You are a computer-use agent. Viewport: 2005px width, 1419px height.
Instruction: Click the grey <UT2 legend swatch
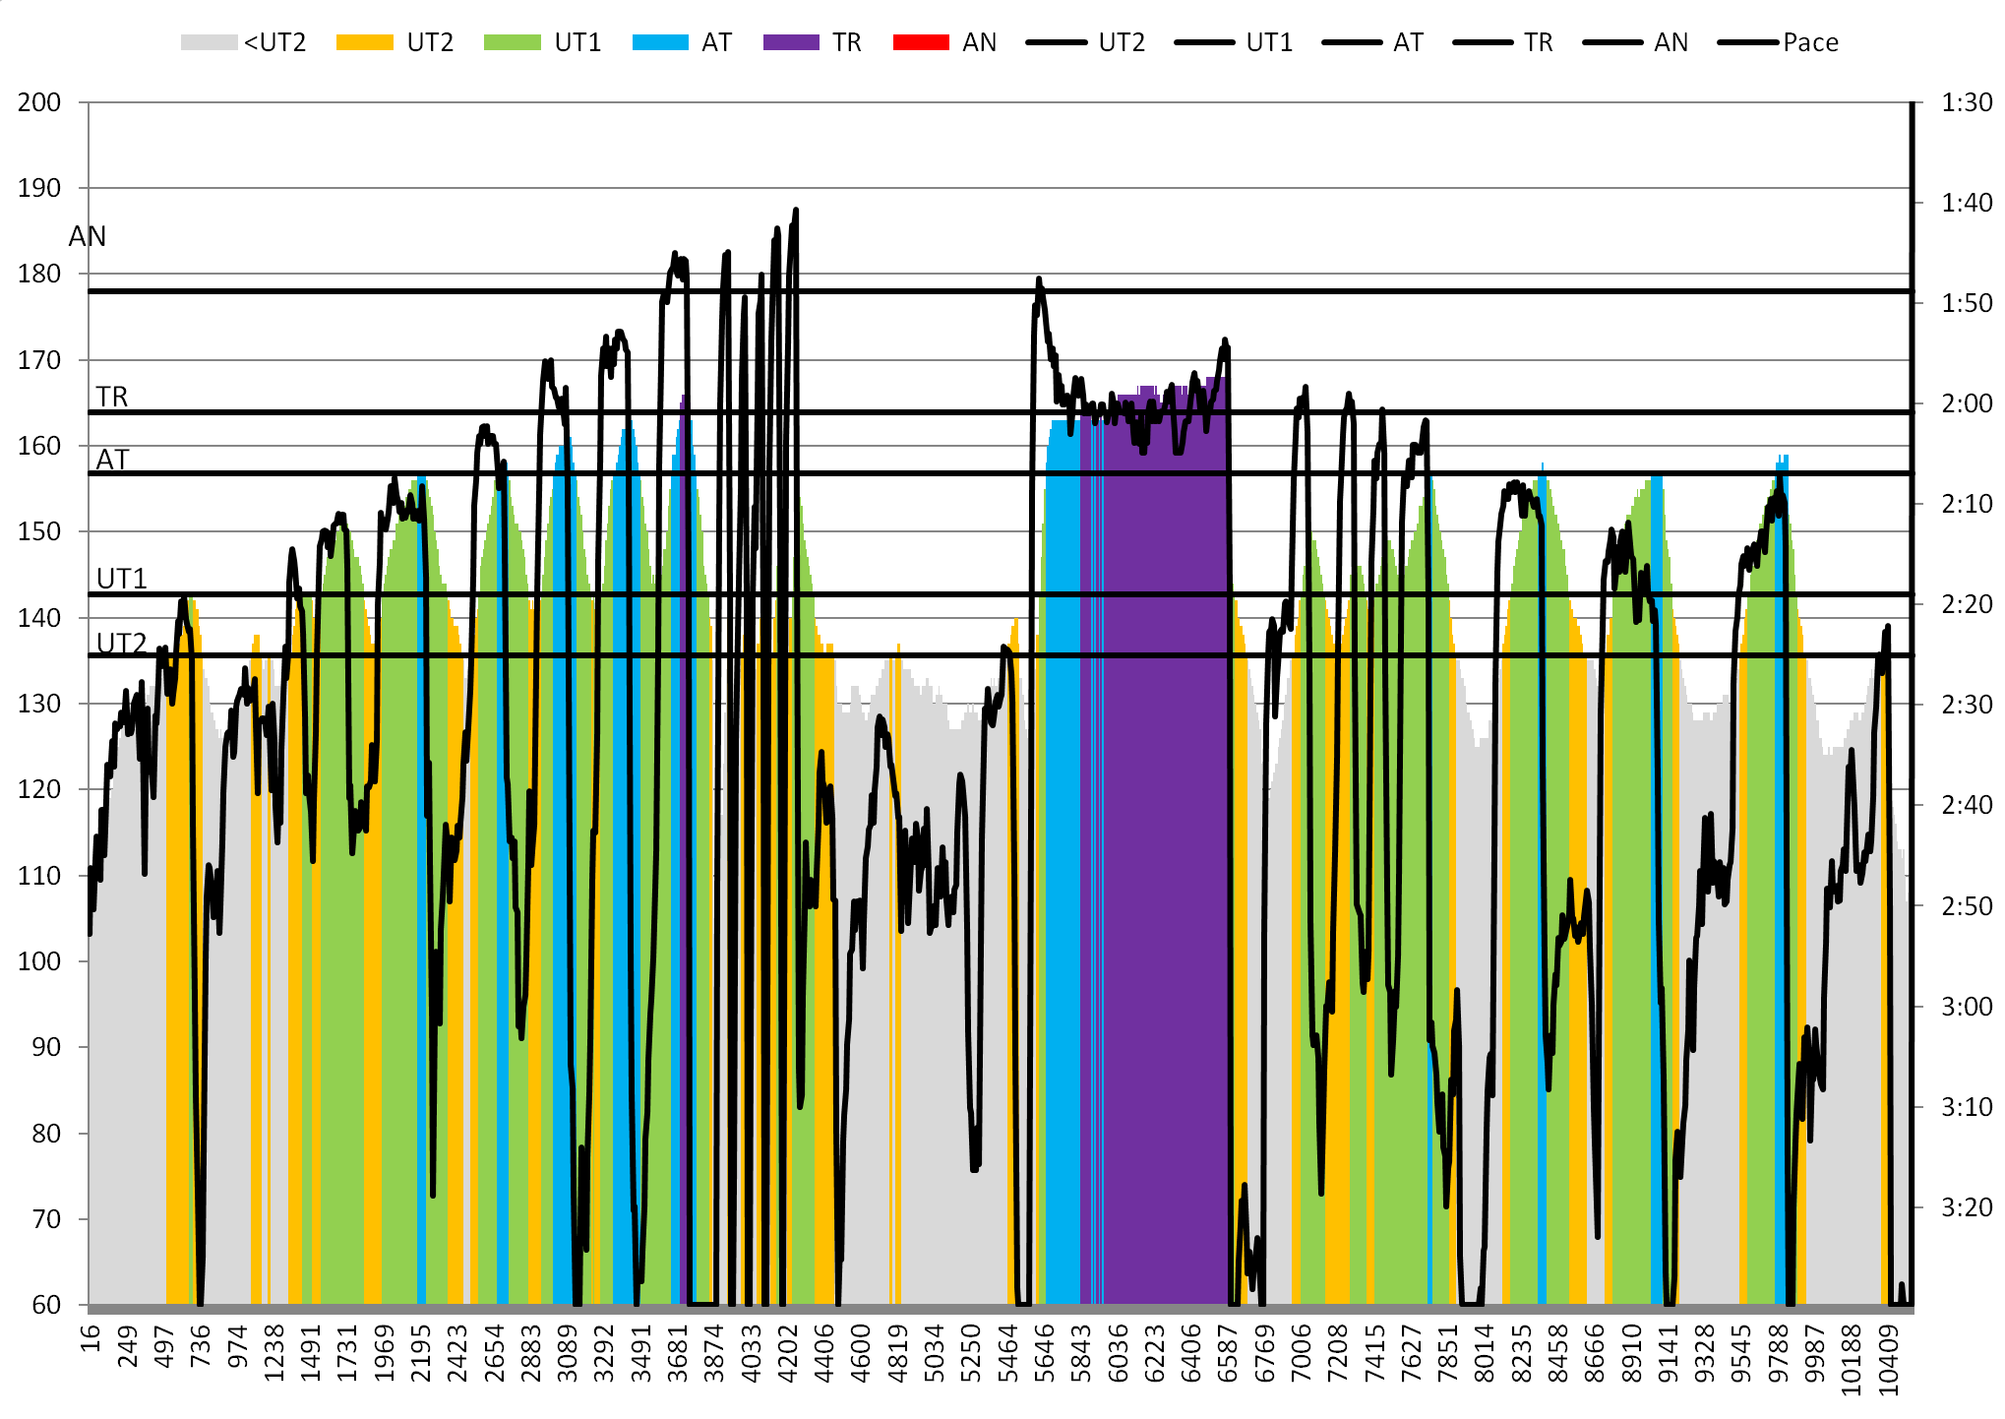(x=209, y=42)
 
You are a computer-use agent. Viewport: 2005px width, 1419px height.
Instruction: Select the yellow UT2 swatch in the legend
(x=364, y=42)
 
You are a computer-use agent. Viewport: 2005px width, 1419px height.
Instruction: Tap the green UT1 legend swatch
(x=512, y=42)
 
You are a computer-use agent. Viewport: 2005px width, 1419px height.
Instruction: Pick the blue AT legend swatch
(x=660, y=42)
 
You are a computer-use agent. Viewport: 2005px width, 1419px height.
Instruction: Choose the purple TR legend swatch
(x=791, y=42)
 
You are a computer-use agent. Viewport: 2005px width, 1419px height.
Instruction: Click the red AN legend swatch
(x=921, y=42)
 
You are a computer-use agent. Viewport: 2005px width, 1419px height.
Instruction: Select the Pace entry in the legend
(x=1809, y=42)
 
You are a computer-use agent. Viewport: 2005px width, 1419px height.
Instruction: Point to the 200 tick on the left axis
(x=39, y=102)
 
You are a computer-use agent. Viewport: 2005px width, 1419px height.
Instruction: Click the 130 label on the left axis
(x=39, y=704)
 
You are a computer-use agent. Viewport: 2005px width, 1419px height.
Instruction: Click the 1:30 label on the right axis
(x=1967, y=102)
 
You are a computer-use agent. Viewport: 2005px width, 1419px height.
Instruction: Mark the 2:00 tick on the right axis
(x=1967, y=403)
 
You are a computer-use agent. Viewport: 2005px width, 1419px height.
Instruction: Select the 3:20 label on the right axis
(x=1967, y=1206)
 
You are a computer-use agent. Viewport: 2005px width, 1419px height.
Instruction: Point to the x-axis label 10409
(x=1888, y=1360)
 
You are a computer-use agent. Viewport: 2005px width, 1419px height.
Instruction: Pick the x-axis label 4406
(x=824, y=1353)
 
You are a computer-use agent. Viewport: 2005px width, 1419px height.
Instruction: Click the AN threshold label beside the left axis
(x=88, y=236)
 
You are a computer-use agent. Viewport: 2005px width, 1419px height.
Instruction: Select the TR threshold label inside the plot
(x=112, y=397)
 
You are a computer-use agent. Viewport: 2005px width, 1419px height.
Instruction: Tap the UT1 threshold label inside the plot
(x=122, y=579)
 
